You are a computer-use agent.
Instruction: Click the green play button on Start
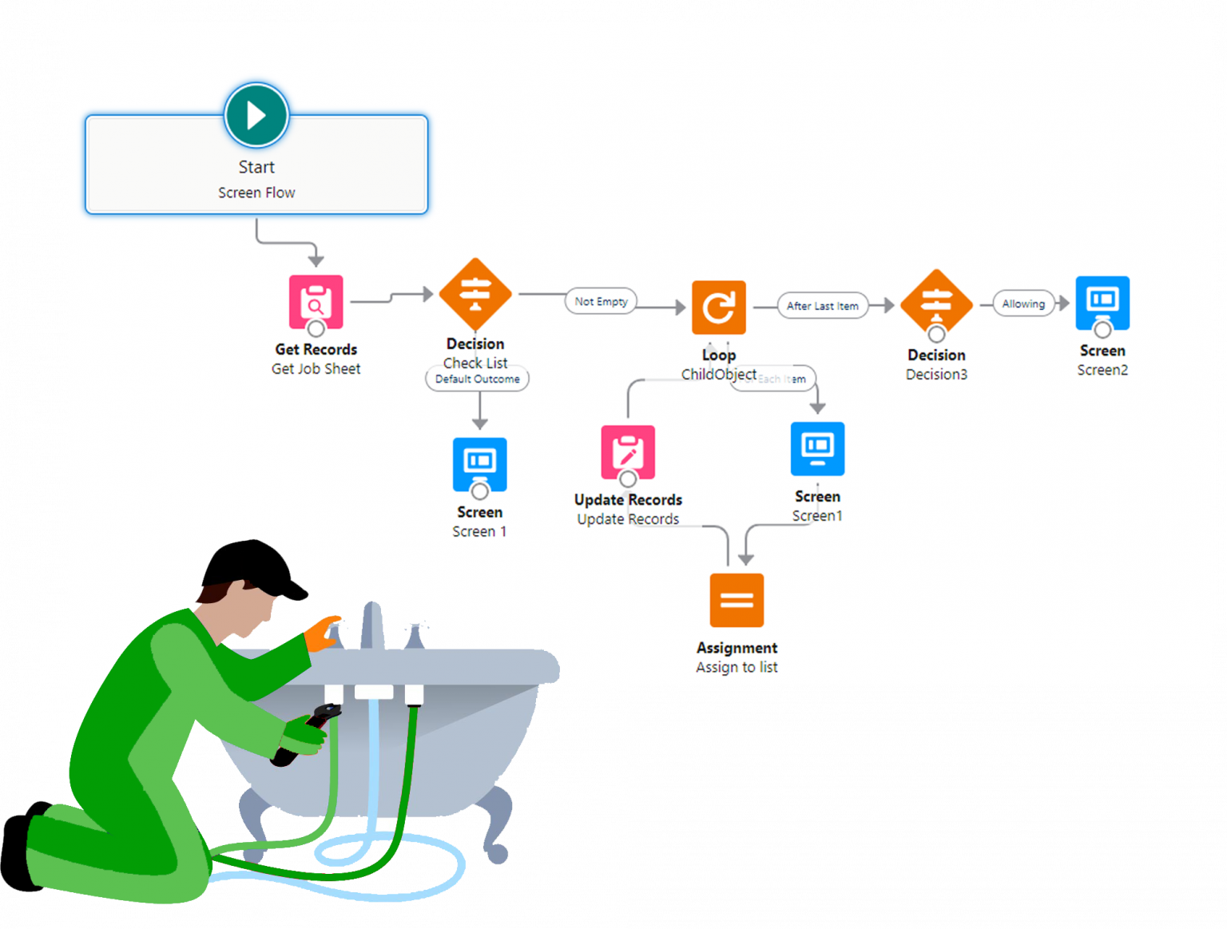coord(256,115)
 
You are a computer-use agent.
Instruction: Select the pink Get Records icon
coord(316,302)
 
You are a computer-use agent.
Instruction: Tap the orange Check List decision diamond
coord(475,293)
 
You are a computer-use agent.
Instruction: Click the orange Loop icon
coord(719,307)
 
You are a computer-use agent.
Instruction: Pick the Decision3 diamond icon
coord(936,304)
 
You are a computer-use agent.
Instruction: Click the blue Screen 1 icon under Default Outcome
coord(479,464)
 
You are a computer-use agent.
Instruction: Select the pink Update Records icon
coord(628,452)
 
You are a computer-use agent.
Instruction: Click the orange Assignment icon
coord(737,600)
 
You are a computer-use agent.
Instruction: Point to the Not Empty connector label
coord(602,301)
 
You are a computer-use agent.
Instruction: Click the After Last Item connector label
coord(822,306)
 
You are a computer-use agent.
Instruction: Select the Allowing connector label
coord(1023,304)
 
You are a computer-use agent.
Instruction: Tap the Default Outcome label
coord(477,379)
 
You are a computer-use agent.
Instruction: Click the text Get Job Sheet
coord(316,369)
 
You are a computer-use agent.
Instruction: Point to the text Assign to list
coord(737,667)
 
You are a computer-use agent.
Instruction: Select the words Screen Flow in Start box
coord(256,193)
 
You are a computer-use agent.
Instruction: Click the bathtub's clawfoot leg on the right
coord(496,823)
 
